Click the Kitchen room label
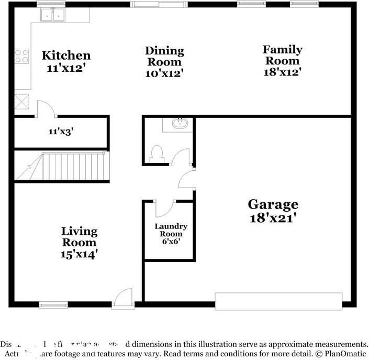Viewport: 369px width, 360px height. [66, 55]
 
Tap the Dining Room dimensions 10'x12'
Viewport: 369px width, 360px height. [164, 74]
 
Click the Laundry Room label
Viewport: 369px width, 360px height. [171, 230]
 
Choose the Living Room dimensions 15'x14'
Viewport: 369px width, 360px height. [80, 254]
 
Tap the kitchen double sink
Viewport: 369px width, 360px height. [53, 15]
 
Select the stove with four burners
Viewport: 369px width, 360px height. [22, 56]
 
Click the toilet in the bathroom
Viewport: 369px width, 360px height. [156, 154]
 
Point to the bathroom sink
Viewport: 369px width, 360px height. [178, 124]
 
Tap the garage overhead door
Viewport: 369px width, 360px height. [278, 300]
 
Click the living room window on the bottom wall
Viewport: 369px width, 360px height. [53, 304]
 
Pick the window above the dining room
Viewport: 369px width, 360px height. [159, 4]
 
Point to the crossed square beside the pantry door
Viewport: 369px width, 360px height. [22, 101]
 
